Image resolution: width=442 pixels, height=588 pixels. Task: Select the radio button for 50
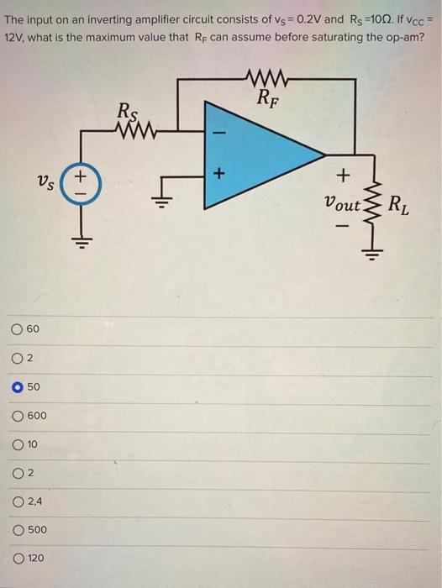coord(18,388)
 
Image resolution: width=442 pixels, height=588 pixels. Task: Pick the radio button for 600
coord(18,416)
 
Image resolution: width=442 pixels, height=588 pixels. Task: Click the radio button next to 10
coord(18,444)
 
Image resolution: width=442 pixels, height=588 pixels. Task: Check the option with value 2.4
coord(18,501)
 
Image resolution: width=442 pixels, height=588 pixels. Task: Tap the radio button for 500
coord(18,530)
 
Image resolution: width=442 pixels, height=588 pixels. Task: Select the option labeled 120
coord(18,558)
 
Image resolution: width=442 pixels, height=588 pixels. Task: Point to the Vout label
coord(341,203)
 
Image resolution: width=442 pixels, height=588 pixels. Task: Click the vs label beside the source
coord(47,180)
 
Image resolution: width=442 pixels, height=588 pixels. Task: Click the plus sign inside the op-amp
coord(219,175)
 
